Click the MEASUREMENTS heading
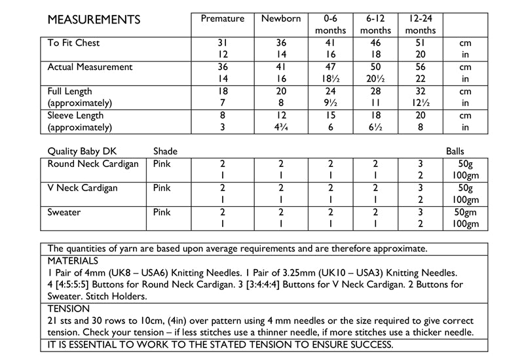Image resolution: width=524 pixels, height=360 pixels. pyautogui.click(x=94, y=20)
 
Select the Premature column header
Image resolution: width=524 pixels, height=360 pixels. pyautogui.click(x=222, y=19)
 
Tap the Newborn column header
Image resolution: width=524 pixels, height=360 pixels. pyautogui.click(x=280, y=19)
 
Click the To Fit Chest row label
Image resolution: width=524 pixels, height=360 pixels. pyautogui.click(x=74, y=43)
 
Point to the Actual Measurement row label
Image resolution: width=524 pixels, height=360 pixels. pyautogui.click(x=90, y=67)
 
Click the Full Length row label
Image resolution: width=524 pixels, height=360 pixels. pyautogui.click(x=70, y=92)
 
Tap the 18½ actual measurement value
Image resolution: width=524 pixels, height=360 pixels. pyautogui.click(x=331, y=79)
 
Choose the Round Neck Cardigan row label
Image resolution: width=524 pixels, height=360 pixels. pyautogui.click(x=93, y=164)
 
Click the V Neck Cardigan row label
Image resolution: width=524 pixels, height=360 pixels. pyautogui.click(x=83, y=189)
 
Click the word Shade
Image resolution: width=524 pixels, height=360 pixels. pyautogui.click(x=165, y=152)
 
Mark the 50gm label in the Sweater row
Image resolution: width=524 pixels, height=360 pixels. pyautogui.click(x=466, y=213)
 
